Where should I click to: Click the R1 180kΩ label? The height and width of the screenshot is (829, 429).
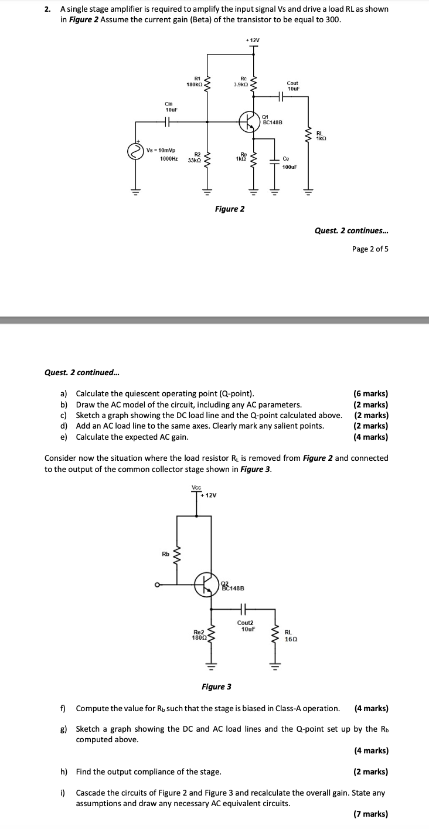click(x=194, y=81)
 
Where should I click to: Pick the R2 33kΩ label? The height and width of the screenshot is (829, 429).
click(x=195, y=157)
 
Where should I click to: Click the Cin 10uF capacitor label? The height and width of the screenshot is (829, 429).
click(x=172, y=107)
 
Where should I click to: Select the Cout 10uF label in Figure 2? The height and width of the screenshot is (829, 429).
click(x=293, y=86)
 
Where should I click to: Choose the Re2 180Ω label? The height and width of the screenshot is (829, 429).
click(x=198, y=634)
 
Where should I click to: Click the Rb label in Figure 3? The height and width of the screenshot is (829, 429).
click(x=165, y=553)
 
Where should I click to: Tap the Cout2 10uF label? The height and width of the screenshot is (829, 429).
click(x=246, y=626)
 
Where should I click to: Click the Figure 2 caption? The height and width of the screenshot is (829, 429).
click(x=230, y=209)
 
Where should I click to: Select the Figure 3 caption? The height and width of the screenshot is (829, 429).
click(x=216, y=687)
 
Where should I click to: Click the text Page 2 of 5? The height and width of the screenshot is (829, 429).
click(x=370, y=249)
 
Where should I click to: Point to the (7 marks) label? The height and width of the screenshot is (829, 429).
click(x=371, y=814)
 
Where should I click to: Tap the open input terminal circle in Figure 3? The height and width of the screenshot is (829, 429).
click(x=157, y=584)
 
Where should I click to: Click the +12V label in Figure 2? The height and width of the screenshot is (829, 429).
click(x=253, y=40)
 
